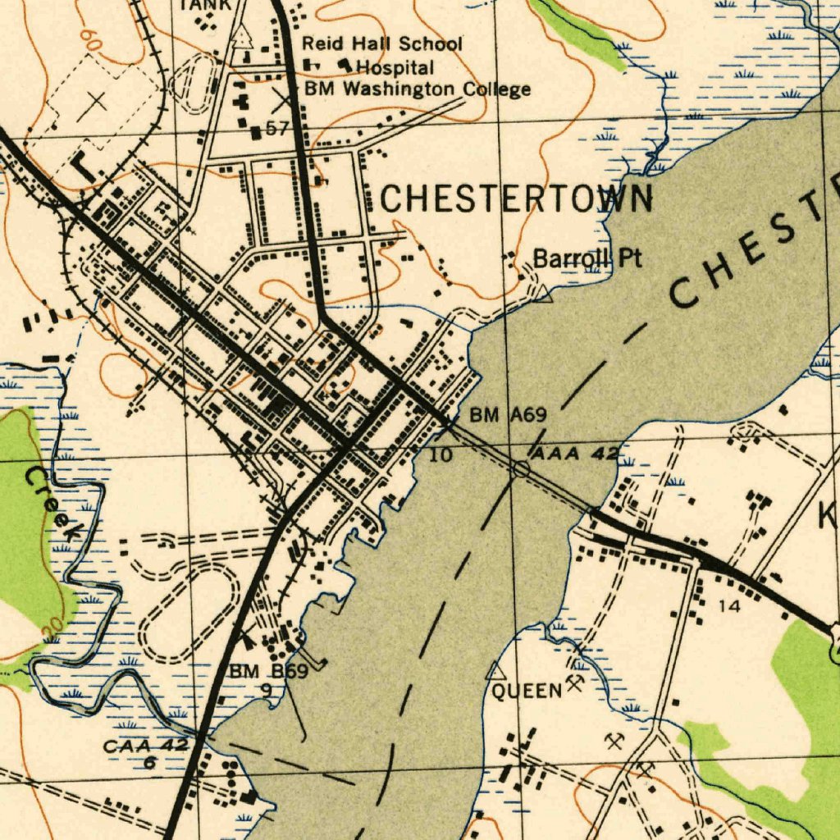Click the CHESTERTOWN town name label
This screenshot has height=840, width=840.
[517, 199]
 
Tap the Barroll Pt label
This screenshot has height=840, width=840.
[587, 258]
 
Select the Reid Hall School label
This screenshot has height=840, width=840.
[382, 43]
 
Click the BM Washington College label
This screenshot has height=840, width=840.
[418, 89]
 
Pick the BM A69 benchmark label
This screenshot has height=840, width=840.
[508, 416]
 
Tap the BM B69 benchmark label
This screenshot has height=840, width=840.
[268, 673]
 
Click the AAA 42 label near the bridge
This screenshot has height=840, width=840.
[574, 454]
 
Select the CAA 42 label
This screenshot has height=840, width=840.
[146, 746]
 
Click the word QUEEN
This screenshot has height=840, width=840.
[527, 691]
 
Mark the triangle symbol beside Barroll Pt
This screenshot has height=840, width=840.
[542, 293]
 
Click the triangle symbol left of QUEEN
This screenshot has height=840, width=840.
[495, 671]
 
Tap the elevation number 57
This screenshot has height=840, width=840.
[277, 129]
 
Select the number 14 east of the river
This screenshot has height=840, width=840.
[728, 606]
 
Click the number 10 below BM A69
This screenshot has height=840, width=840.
[441, 454]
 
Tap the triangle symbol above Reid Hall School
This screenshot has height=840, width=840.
[241, 34]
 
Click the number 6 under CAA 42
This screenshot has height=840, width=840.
[150, 763]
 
